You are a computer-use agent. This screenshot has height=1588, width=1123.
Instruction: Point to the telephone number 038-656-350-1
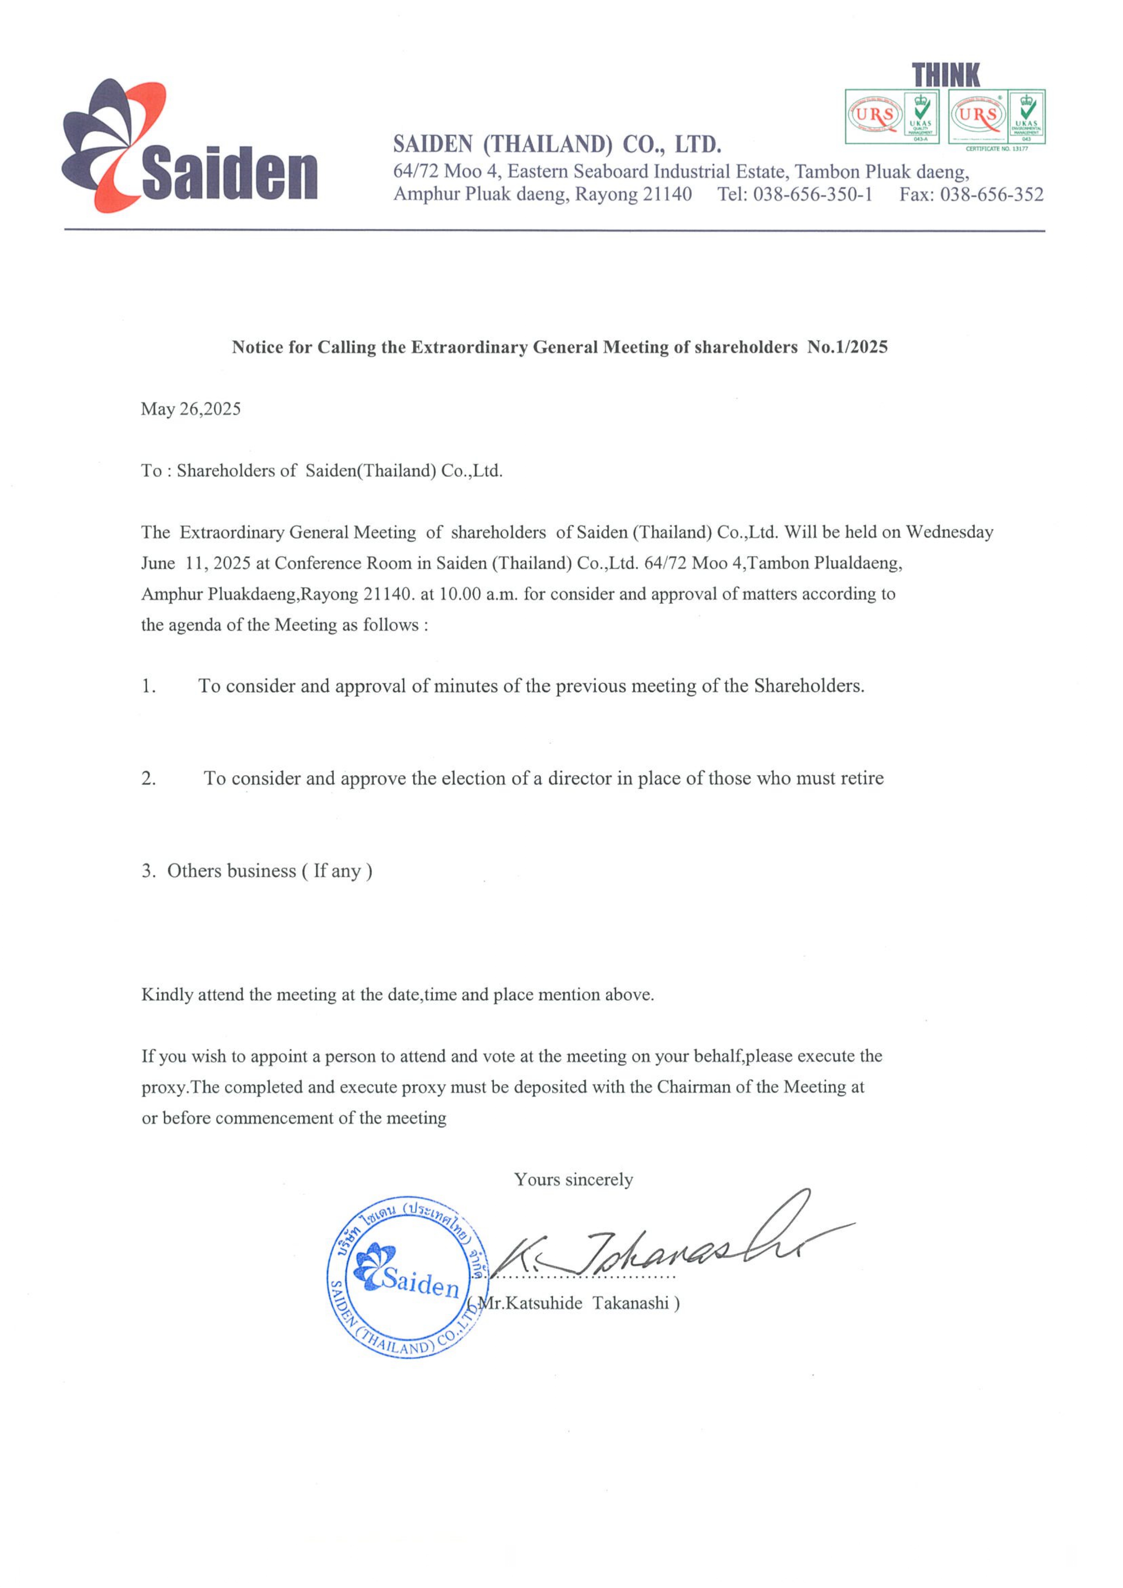pyautogui.click(x=813, y=195)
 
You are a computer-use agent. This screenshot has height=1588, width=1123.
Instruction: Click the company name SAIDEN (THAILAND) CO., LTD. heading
pyautogui.click(x=557, y=145)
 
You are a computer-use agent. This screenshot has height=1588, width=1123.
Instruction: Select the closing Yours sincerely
pyautogui.click(x=573, y=1179)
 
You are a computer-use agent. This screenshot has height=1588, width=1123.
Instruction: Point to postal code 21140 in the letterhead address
pyautogui.click(x=667, y=195)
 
